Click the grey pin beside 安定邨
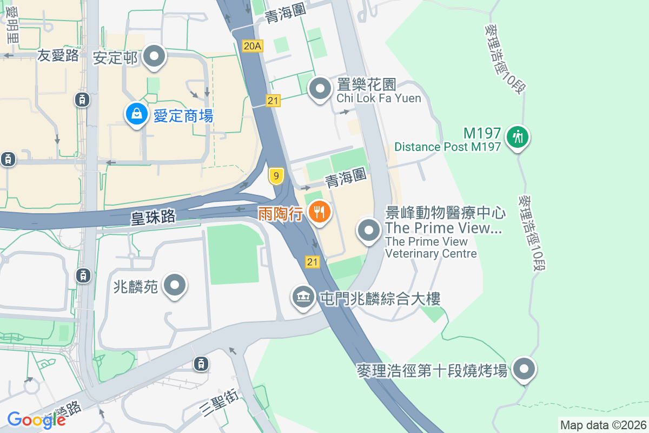(x=155, y=56)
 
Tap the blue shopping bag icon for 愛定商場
(x=137, y=114)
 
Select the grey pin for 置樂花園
(x=320, y=88)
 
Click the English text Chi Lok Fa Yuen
(x=379, y=98)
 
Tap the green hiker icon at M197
(x=518, y=137)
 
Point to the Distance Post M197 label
(x=448, y=147)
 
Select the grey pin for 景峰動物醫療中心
(x=369, y=231)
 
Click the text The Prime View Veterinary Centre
(x=431, y=247)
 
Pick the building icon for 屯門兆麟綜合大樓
(x=303, y=297)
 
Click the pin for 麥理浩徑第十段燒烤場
(x=523, y=370)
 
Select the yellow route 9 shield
(x=276, y=176)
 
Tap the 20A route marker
(x=253, y=47)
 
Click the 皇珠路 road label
(x=153, y=217)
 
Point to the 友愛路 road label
(x=58, y=55)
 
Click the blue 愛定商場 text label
(x=183, y=116)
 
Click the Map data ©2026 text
(x=602, y=425)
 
